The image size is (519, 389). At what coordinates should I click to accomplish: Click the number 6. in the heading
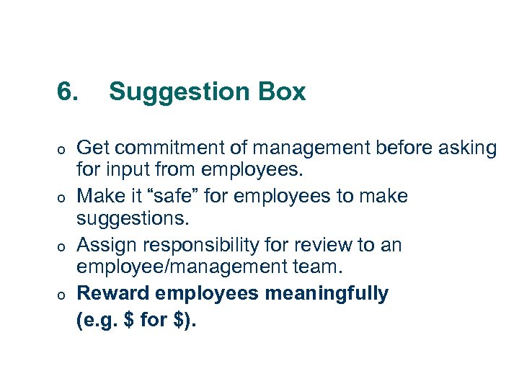point(69,91)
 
